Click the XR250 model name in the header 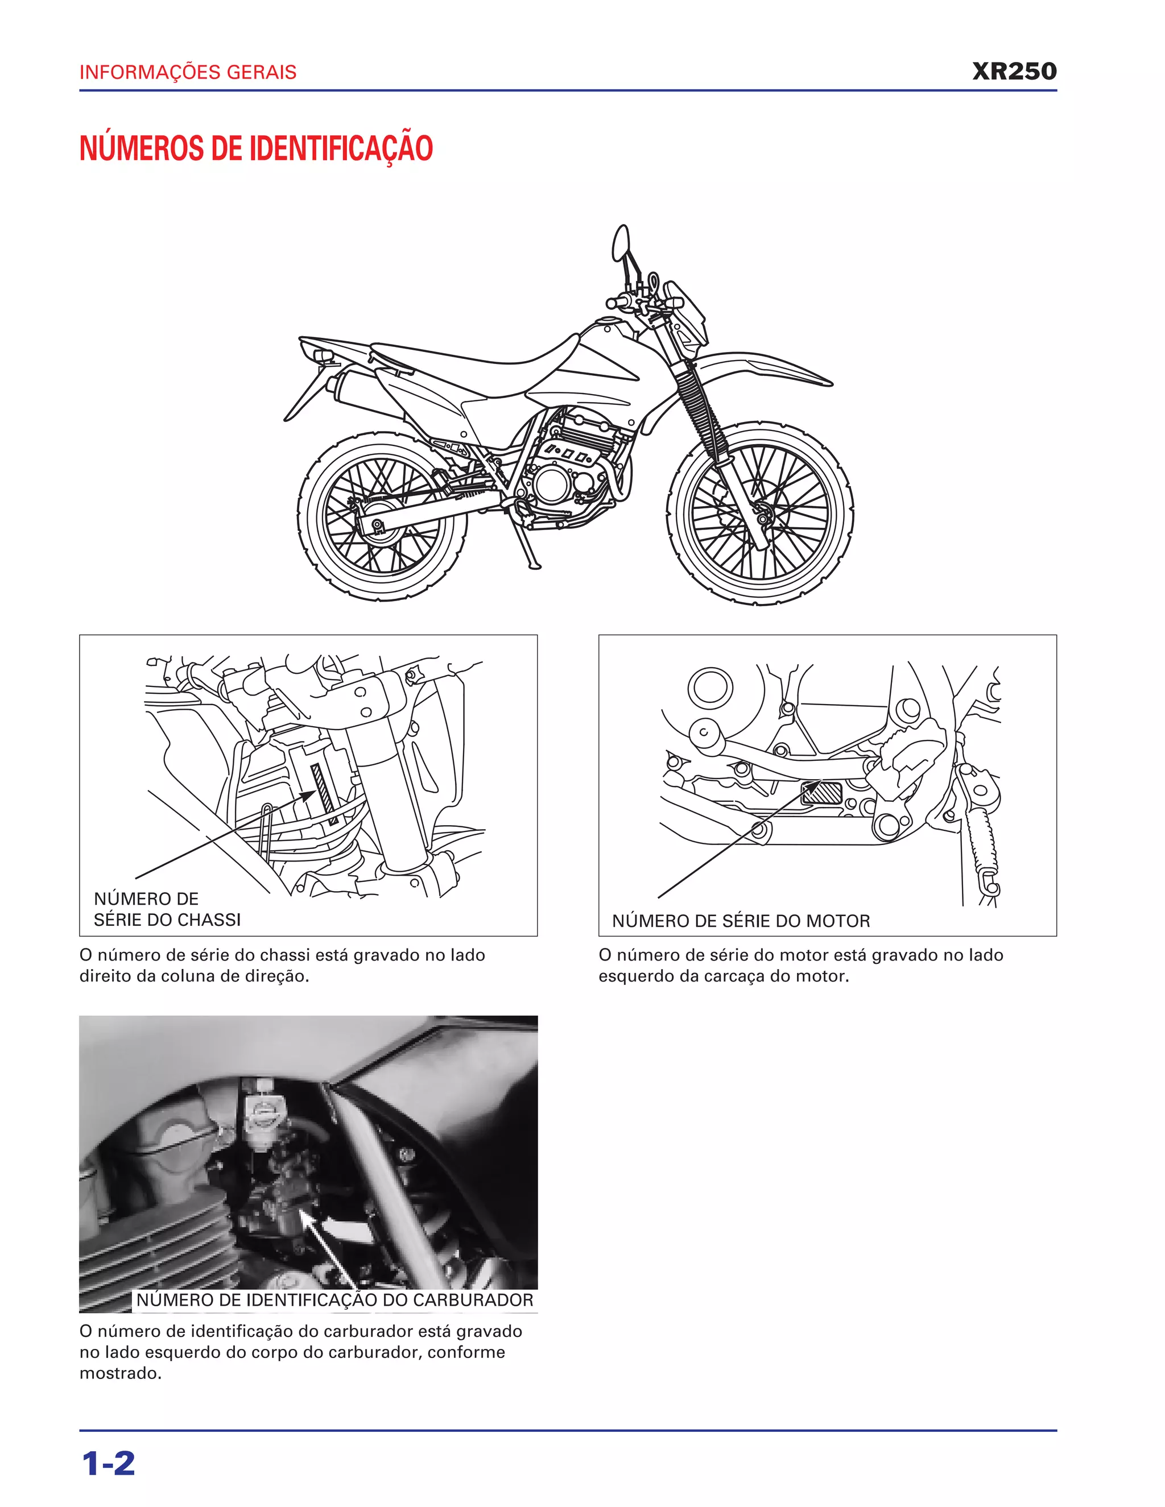pyautogui.click(x=1014, y=71)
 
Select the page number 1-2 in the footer pyautogui.click(x=108, y=1464)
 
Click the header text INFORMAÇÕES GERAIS pyautogui.click(x=188, y=72)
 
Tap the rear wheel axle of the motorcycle pyautogui.click(x=378, y=526)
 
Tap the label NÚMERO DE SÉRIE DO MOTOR pyautogui.click(x=741, y=921)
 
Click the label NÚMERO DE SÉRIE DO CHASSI pyautogui.click(x=167, y=909)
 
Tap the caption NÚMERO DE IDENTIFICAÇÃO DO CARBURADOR pyautogui.click(x=334, y=1300)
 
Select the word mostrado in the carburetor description pyautogui.click(x=121, y=1373)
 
